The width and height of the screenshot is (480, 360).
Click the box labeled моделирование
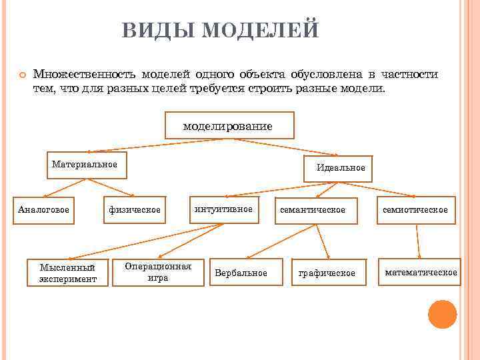pyautogui.click(x=229, y=125)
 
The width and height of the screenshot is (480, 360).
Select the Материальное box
pyautogui.click(x=87, y=165)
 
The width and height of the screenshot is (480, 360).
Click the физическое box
pyautogui.click(x=135, y=211)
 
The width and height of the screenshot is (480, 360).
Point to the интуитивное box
pyautogui.click(x=223, y=210)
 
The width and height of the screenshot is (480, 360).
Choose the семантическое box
pyautogui.click(x=313, y=211)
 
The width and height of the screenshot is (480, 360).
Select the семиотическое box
pyautogui.click(x=416, y=211)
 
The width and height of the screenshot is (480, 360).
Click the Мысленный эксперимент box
pyautogui.click(x=67, y=273)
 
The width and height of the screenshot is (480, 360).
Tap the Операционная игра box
pyautogui.click(x=158, y=272)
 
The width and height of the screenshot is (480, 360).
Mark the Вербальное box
pyautogui.click(x=241, y=273)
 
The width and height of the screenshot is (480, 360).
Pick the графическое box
pyautogui.click(x=327, y=273)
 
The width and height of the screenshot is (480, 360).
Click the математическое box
pyautogui.click(x=421, y=272)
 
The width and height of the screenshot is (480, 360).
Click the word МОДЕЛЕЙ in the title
pyautogui.click(x=260, y=31)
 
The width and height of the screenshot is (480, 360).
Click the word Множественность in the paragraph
pyautogui.click(x=85, y=74)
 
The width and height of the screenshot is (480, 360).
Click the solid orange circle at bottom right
pyautogui.click(x=442, y=314)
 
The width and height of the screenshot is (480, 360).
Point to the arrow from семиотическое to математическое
pyautogui.click(x=418, y=241)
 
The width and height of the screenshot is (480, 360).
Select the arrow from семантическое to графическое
pyautogui.click(x=323, y=241)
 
